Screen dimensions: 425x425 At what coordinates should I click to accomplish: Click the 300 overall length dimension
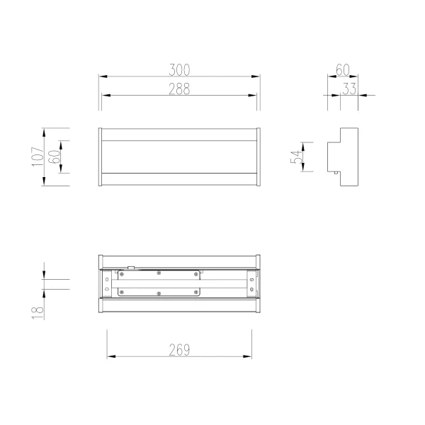click(180, 69)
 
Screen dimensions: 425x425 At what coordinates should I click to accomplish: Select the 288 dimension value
click(180, 89)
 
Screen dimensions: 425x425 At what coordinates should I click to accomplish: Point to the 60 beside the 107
click(54, 157)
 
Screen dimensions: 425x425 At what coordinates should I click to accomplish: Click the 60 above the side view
click(342, 69)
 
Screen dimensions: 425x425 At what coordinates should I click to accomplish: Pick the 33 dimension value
click(349, 89)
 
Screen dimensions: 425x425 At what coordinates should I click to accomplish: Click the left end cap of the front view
click(100, 157)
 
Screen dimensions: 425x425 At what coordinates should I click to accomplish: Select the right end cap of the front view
click(260, 157)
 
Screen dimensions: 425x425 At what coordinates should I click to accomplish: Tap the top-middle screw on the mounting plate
click(159, 273)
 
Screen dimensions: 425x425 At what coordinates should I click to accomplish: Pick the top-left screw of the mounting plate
click(120, 273)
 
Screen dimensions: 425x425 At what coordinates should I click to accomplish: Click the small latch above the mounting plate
click(131, 268)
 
